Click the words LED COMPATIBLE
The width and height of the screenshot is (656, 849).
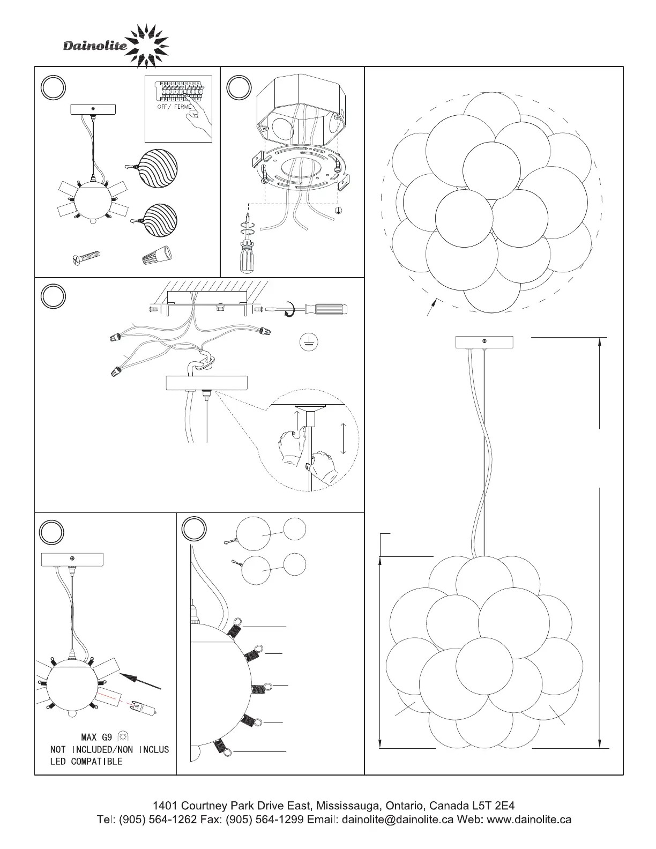(x=86, y=762)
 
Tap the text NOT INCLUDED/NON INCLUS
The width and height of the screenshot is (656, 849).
(x=109, y=749)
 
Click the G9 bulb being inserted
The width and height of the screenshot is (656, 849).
(x=145, y=707)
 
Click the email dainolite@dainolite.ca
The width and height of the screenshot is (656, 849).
(x=397, y=820)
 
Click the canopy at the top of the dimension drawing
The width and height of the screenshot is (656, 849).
(x=484, y=341)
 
